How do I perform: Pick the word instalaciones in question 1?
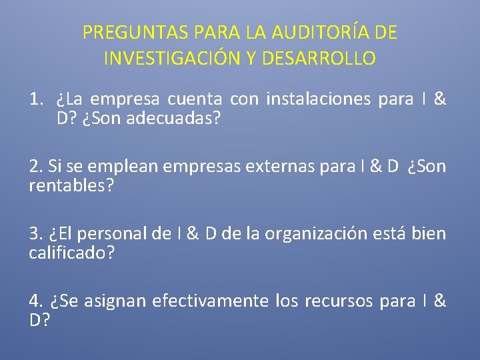tap(319, 100)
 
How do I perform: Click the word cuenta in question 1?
tap(195, 100)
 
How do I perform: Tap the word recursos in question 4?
tap(339, 301)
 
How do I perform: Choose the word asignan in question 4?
tap(116, 301)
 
